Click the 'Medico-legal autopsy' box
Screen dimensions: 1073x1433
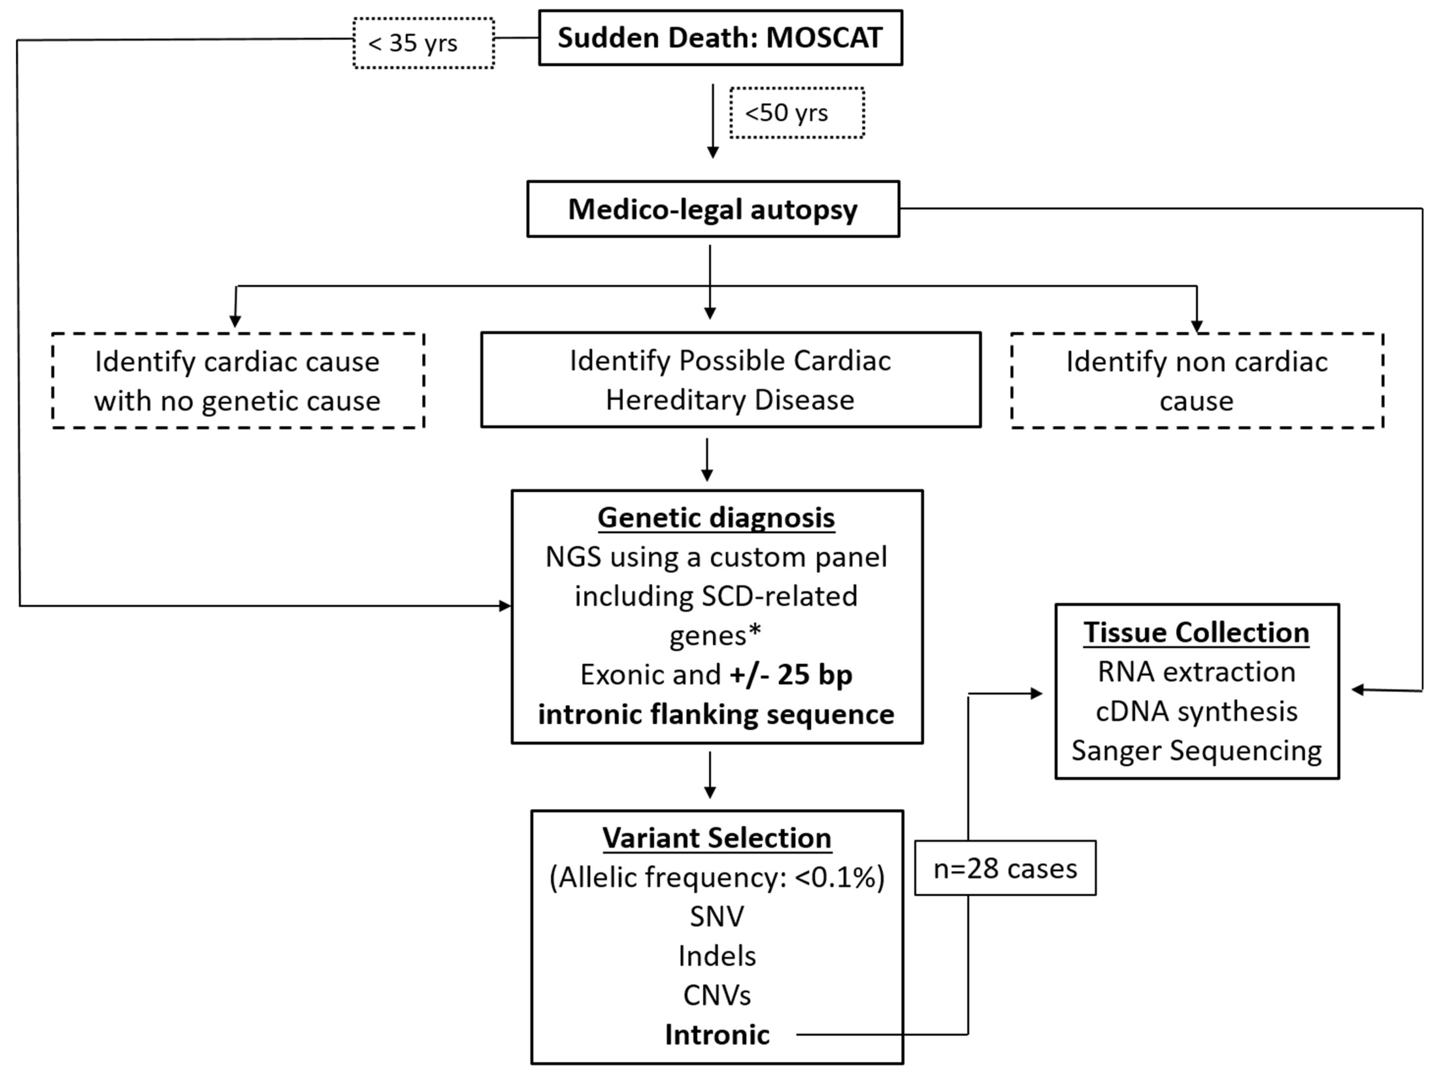click(x=713, y=209)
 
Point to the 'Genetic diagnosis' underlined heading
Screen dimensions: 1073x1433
click(x=716, y=518)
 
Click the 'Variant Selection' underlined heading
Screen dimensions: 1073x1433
click(x=716, y=838)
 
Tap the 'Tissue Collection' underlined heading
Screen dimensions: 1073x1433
click(x=1196, y=632)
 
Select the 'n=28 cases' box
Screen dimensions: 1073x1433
click(x=1005, y=868)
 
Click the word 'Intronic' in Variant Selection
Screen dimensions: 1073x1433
click(x=717, y=1035)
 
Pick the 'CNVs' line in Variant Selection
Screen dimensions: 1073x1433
click(x=716, y=995)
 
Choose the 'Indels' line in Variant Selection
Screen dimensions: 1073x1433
click(x=716, y=956)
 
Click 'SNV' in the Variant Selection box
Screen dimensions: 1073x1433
click(x=716, y=916)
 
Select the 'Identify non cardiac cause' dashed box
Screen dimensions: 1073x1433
click(x=1196, y=381)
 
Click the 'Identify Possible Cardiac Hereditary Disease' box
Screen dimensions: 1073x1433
click(x=730, y=380)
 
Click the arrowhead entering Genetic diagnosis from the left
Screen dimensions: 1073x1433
click(x=505, y=606)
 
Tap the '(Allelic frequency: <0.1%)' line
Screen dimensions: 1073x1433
click(x=716, y=877)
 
